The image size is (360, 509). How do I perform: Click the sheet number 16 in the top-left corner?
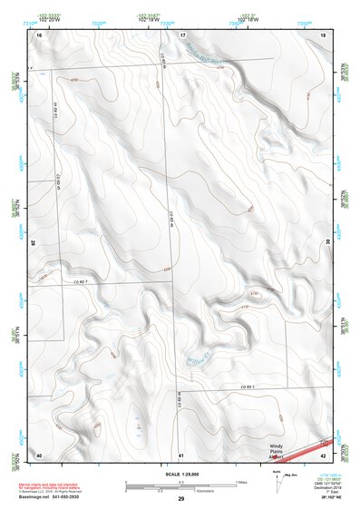coord(39,34)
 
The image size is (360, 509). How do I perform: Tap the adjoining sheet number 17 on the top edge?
coord(182,34)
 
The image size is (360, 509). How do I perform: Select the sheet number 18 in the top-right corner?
coord(323,34)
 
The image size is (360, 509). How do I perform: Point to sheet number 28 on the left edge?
coord(34,243)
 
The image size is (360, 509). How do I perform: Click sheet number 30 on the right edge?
coord(327,243)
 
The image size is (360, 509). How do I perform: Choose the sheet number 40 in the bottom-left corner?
coord(39,454)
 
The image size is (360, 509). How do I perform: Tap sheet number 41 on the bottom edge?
coord(181,454)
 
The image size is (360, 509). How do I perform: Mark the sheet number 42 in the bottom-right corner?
coord(324,454)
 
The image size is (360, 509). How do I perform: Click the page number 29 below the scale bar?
coord(181,499)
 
